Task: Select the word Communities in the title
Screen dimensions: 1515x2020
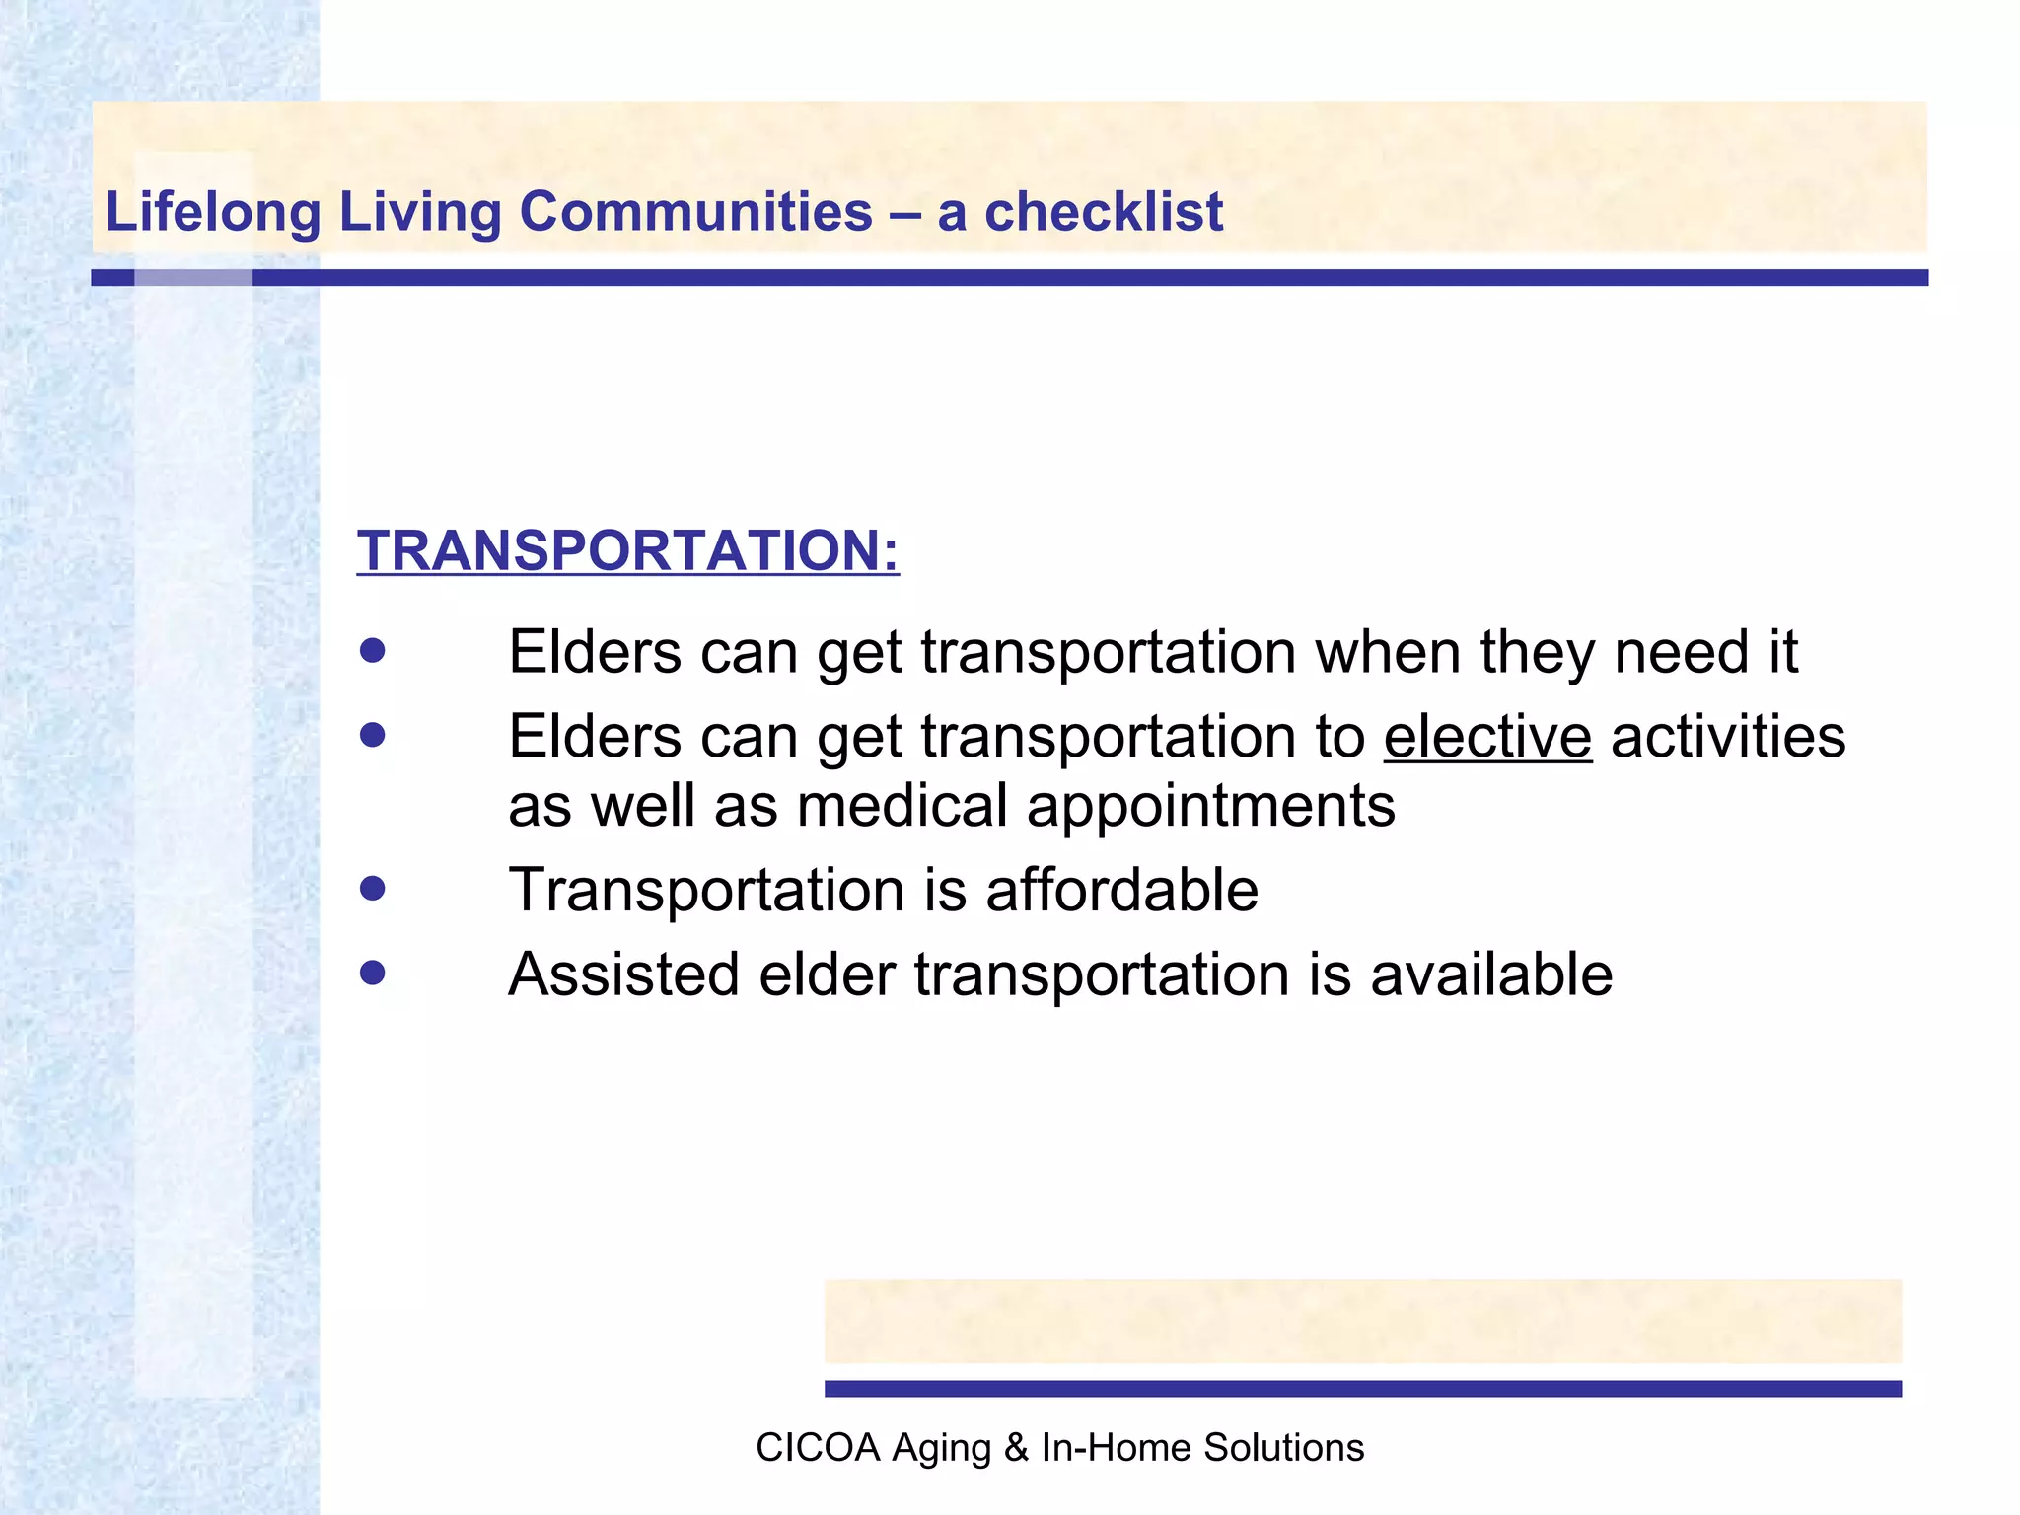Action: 695,212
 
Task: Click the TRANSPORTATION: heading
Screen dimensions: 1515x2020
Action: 627,550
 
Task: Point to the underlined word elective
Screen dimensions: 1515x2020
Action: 1487,737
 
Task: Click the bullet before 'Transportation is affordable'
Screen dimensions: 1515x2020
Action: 372,890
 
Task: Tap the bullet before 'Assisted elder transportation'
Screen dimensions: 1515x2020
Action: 372,974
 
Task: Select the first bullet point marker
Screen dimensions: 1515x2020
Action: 372,651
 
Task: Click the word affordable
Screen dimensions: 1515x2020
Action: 1121,890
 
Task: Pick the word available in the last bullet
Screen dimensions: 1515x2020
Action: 1490,974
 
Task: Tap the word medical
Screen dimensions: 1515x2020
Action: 902,806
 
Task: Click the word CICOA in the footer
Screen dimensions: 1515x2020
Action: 817,1447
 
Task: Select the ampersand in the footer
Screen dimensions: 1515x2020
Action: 1015,1447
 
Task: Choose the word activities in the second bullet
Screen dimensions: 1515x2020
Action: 1727,737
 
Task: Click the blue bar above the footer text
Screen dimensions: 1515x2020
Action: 1361,1388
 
